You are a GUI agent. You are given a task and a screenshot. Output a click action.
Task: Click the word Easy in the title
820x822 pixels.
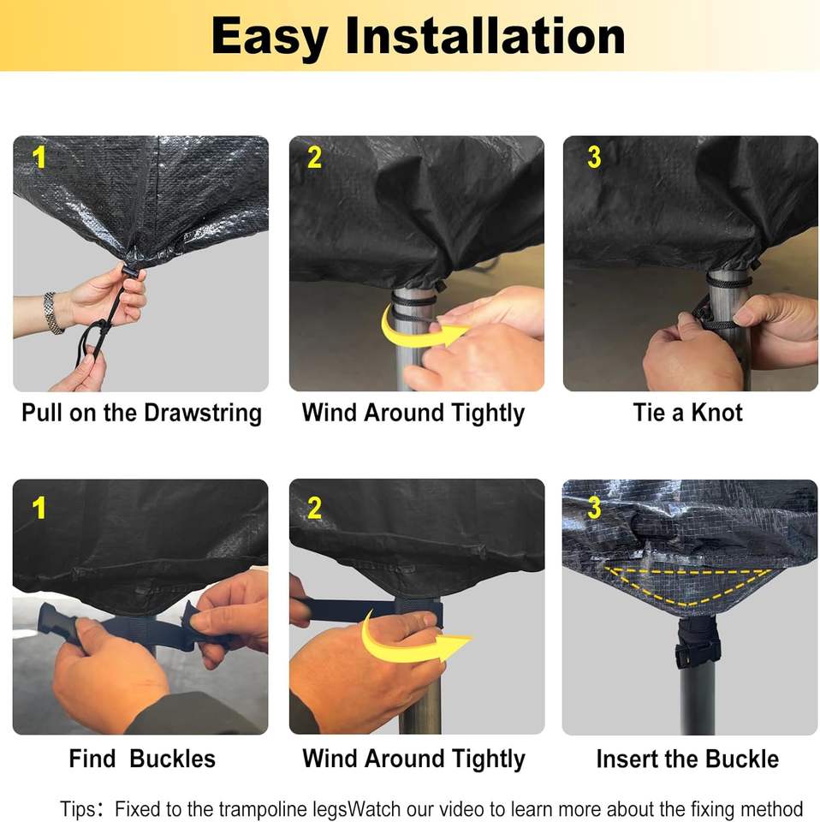[270, 37]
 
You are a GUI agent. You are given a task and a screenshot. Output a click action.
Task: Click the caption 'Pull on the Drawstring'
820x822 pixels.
[141, 413]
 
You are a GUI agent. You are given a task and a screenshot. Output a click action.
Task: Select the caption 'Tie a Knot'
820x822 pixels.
[687, 413]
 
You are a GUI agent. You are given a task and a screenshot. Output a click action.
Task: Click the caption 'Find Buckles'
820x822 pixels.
[142, 759]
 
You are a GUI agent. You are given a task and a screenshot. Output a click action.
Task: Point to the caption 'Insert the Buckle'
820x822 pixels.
[687, 759]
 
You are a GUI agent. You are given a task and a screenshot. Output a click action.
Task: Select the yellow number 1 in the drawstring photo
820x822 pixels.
[39, 158]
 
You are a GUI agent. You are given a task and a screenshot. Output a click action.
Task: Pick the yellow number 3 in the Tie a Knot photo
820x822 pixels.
[594, 157]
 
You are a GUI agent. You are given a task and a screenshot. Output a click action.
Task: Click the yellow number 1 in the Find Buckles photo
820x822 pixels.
[39, 508]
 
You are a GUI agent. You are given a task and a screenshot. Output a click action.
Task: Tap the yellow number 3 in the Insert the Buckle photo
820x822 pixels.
[594, 508]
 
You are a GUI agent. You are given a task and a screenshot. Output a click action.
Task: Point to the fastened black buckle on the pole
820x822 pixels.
[698, 653]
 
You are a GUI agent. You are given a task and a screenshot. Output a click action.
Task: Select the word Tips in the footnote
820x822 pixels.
[78, 809]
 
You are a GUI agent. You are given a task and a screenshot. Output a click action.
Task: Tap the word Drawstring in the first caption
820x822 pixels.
[203, 413]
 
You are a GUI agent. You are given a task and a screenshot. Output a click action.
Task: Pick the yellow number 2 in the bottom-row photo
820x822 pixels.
[314, 508]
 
